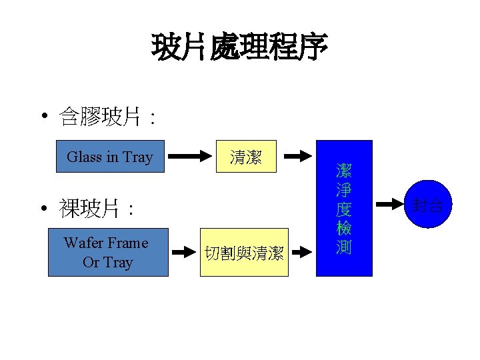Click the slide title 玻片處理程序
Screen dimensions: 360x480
tap(240, 47)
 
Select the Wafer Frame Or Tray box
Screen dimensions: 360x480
tap(108, 252)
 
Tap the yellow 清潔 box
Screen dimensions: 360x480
tap(245, 157)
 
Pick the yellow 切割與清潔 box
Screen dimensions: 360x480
tap(245, 252)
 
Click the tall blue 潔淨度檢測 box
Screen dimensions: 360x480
tap(344, 208)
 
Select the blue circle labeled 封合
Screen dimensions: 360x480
tap(427, 205)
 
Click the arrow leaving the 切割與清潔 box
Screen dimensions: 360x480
tap(301, 252)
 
